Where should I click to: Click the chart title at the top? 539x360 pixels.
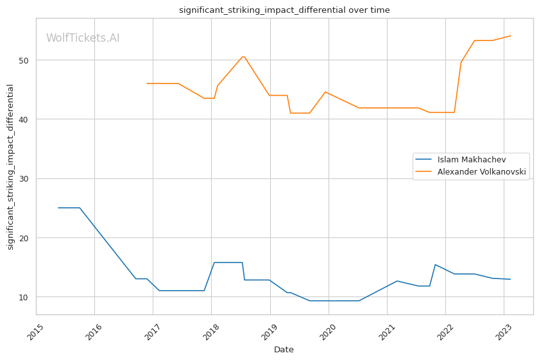(x=284, y=10)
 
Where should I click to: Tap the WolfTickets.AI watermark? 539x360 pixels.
(x=83, y=38)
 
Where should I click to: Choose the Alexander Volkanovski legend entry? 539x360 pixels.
(x=481, y=171)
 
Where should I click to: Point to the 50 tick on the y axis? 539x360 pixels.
(x=24, y=60)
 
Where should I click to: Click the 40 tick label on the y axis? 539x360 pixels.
(x=24, y=119)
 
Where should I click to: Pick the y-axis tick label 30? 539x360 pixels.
(x=24, y=178)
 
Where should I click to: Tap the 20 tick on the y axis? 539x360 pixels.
(x=24, y=238)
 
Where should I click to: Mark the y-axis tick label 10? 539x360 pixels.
(x=24, y=297)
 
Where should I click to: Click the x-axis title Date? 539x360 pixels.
(x=284, y=350)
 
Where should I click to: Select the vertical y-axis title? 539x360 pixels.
(x=10, y=167)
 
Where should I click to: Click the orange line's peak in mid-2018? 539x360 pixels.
(x=243, y=56)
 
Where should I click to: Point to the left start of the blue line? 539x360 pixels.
(x=58, y=208)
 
